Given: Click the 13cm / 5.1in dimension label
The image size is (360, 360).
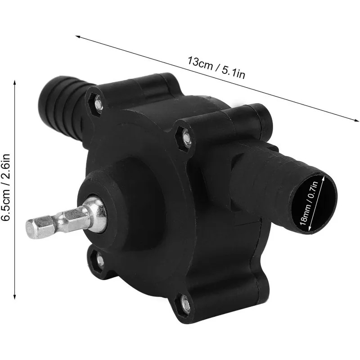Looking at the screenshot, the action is click(x=216, y=67).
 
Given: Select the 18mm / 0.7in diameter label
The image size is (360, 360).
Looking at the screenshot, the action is click(x=309, y=203).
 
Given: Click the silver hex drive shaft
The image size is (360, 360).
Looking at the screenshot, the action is click(x=67, y=218).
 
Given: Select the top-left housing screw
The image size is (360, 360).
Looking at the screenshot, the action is click(x=98, y=103).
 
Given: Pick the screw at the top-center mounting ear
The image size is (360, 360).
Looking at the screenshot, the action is click(x=186, y=138).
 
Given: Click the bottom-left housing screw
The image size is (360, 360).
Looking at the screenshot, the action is click(x=100, y=259).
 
